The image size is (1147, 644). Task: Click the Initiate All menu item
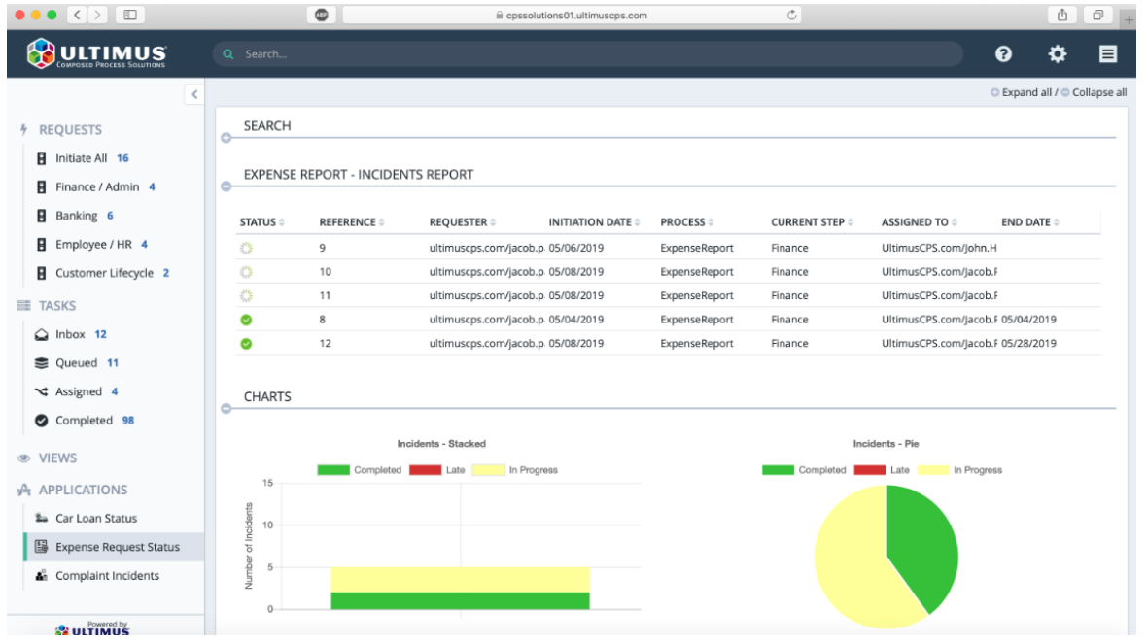coord(82,158)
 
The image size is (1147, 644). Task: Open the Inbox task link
coord(70,334)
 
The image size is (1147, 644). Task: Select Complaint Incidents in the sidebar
coord(107,575)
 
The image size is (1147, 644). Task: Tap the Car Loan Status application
coord(96,519)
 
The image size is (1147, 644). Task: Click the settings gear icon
coord(1057,53)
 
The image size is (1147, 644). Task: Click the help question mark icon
coord(1003,53)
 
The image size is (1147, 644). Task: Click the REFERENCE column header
coord(347,222)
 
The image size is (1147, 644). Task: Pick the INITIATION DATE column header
coord(590,222)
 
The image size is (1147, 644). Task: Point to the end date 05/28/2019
coord(1028,343)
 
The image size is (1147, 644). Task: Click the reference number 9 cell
coord(322,248)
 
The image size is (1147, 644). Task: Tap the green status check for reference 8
coord(247,320)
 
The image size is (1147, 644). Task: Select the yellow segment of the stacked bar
coord(460,580)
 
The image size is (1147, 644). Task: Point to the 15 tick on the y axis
coord(267,483)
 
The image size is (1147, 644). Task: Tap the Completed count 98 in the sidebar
coord(128,421)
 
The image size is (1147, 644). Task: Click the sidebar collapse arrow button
coord(194,94)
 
